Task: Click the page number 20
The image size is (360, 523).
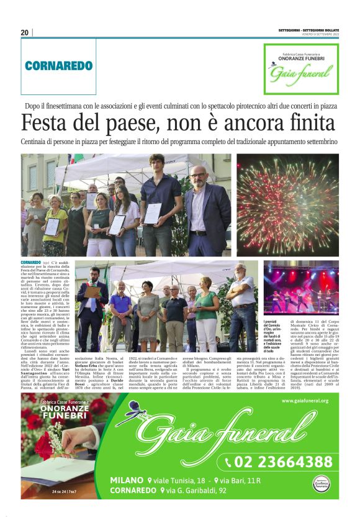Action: [x=25, y=32]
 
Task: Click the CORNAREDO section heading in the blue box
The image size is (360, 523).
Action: [x=58, y=65]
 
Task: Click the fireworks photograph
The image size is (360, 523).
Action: [x=287, y=206]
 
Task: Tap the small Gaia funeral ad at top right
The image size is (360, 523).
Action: [x=300, y=68]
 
